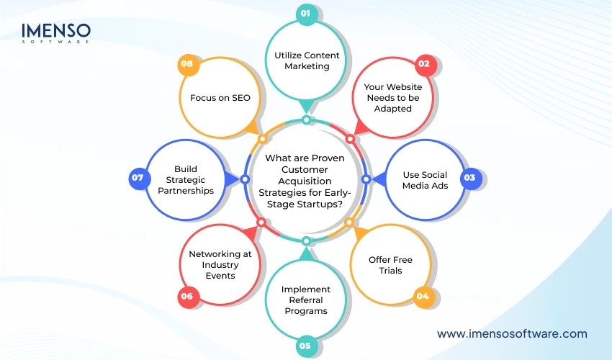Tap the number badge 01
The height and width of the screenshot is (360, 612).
[x=305, y=13]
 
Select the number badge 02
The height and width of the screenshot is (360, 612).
[x=424, y=63]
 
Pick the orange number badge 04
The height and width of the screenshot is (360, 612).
[x=424, y=294]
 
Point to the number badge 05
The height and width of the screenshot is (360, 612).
[x=305, y=346]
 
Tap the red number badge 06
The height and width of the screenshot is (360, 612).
[x=188, y=294]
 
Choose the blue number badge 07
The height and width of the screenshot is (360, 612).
[x=139, y=178]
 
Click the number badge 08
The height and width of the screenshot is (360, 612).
[x=187, y=63]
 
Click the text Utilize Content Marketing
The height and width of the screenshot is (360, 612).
[x=306, y=60]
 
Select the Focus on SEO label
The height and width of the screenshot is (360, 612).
[x=220, y=98]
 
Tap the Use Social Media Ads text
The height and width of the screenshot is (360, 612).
[x=425, y=180]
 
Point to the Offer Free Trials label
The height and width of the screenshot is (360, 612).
[x=390, y=265]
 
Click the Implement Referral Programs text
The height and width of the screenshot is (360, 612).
[x=305, y=300]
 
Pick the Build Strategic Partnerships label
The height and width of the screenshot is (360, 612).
[x=185, y=180]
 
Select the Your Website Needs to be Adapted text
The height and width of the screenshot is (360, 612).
[x=392, y=98]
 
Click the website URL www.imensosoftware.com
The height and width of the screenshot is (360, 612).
[x=512, y=333]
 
